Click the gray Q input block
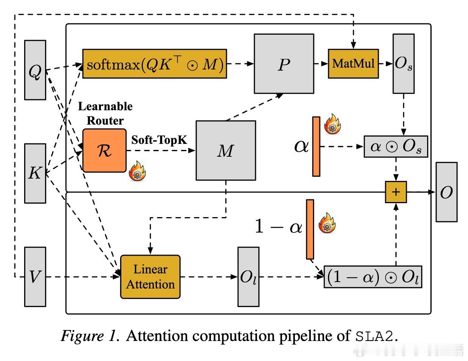[35, 70]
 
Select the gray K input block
[35, 173]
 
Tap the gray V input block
[35, 276]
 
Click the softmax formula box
[155, 64]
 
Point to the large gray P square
[284, 63]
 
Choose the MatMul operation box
[353, 63]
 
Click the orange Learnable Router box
[104, 150]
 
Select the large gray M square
[226, 150]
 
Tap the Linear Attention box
[150, 277]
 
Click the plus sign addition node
[395, 192]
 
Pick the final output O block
[446, 192]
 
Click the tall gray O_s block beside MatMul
[403, 63]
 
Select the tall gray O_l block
[248, 276]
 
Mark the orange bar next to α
[316, 147]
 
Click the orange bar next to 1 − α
[310, 229]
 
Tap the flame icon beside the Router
[137, 171]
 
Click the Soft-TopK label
[159, 140]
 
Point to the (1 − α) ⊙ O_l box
[373, 277]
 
